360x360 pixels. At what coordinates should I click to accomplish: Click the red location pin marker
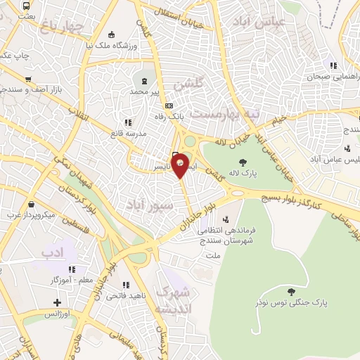(x=181, y=165)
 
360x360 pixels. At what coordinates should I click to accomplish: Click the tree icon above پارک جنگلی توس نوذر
(x=290, y=291)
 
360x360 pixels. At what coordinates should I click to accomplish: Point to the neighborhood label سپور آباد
(x=148, y=204)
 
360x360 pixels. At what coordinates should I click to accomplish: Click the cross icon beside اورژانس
(x=57, y=303)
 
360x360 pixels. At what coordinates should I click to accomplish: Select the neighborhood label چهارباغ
(x=63, y=27)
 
